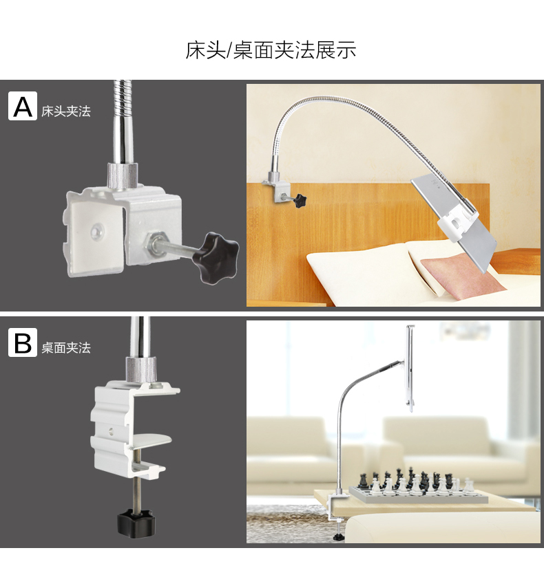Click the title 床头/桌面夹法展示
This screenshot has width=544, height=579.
click(271, 50)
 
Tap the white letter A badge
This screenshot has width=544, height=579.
click(23, 106)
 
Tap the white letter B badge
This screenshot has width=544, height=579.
click(23, 342)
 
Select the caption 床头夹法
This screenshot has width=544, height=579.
click(66, 111)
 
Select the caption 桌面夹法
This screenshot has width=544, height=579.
click(66, 347)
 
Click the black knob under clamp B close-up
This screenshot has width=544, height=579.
click(136, 523)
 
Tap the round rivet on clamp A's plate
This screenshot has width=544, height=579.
click(97, 232)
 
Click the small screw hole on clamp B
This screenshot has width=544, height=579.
click(110, 430)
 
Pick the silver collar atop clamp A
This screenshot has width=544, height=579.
click(123, 175)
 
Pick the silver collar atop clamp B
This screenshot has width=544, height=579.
click(142, 370)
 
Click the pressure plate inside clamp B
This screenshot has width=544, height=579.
click(150, 441)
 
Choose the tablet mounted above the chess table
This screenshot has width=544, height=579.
click(410, 368)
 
